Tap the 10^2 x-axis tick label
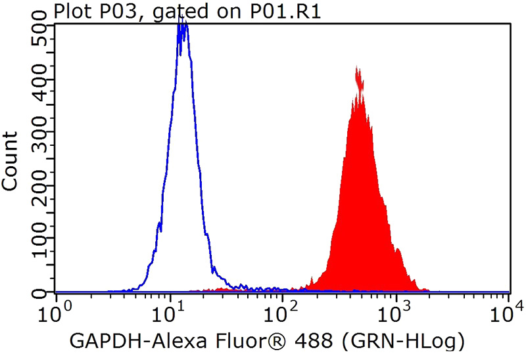284,308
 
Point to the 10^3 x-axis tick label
397,308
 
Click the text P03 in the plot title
108,12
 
